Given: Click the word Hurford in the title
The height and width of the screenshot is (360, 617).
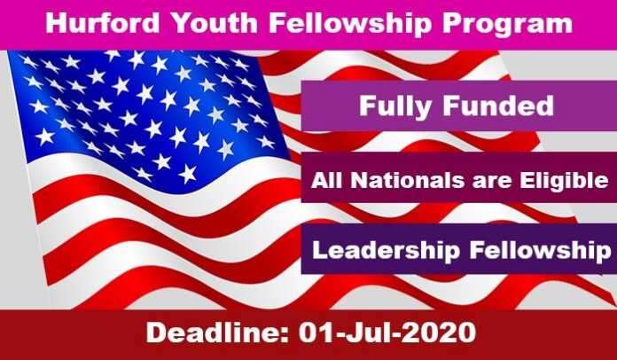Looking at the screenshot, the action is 103,23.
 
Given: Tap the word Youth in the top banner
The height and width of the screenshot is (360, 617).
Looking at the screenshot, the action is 214,23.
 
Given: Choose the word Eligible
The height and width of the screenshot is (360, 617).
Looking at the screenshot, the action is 564,182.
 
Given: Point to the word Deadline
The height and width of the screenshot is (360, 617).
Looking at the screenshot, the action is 218,333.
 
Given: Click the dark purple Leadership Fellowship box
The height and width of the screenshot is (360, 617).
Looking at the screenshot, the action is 459,249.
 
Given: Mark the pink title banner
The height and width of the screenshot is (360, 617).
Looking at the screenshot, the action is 308,25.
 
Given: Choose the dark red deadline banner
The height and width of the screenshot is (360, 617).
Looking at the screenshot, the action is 308,335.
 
